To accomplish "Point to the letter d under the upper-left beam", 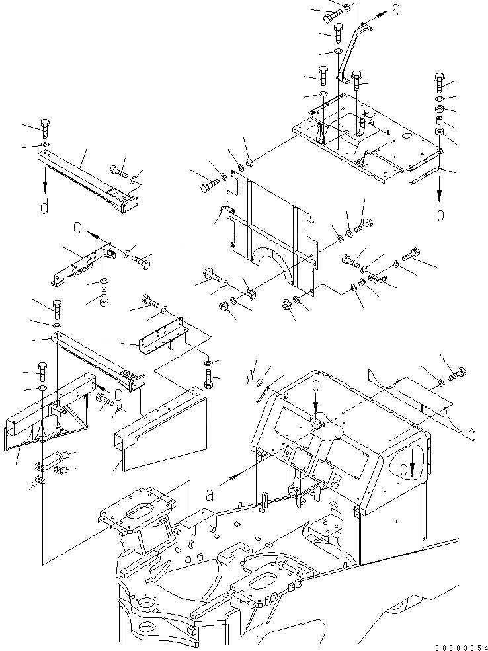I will [44, 208].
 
